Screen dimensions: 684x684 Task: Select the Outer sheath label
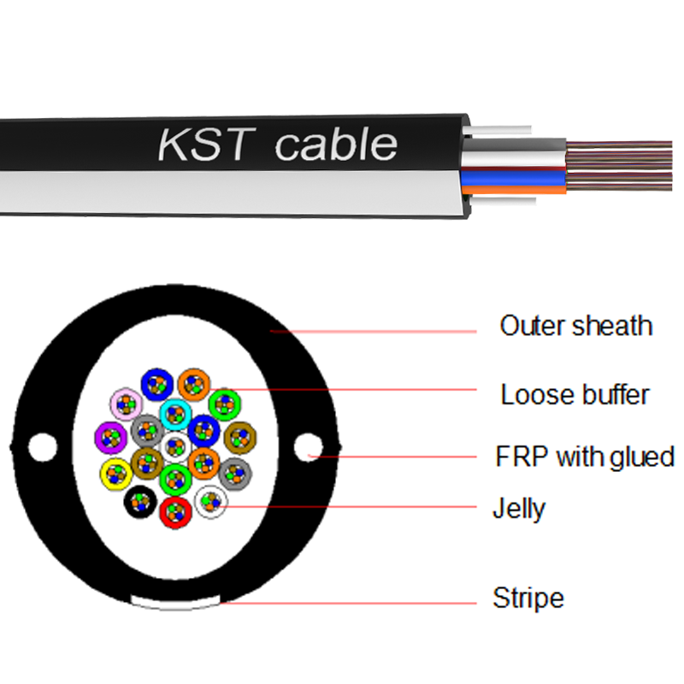575,326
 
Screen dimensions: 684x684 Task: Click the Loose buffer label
575,394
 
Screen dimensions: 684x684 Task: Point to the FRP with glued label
585,456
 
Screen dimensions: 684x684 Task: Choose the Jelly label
518,509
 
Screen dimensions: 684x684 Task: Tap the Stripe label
528,598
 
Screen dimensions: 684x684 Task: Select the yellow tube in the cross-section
115,472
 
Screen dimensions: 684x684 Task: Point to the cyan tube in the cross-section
174,415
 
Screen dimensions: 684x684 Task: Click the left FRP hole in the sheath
41,445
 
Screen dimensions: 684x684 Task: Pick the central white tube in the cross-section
174,445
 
